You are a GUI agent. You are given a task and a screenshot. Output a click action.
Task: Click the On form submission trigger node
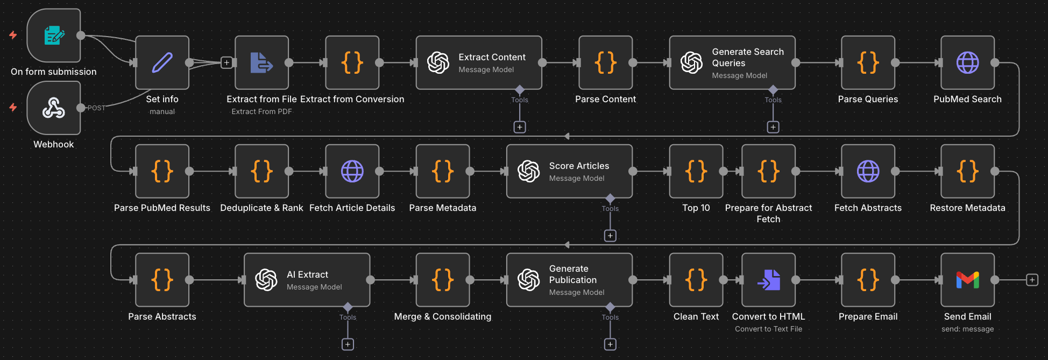click(x=54, y=36)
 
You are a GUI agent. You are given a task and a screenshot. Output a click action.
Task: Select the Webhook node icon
click(x=54, y=108)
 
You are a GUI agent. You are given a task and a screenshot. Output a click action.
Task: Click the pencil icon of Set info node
click(x=162, y=62)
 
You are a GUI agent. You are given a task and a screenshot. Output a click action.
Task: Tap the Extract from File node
click(x=261, y=62)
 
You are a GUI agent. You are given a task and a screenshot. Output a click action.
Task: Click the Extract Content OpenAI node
click(x=478, y=62)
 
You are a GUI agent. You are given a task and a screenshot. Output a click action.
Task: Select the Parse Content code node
click(x=605, y=62)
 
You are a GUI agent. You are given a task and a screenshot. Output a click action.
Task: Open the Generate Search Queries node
click(x=732, y=62)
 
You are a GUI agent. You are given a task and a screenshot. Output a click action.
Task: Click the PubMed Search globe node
click(x=967, y=62)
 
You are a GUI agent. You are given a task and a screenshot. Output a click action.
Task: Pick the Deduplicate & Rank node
click(x=261, y=171)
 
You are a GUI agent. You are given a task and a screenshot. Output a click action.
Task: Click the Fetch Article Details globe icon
click(x=352, y=171)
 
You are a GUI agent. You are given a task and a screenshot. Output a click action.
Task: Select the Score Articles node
click(x=569, y=171)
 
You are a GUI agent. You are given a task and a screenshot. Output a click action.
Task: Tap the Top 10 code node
click(x=696, y=171)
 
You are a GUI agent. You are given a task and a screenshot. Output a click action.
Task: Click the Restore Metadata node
click(x=967, y=171)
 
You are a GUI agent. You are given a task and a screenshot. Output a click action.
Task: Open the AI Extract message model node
click(x=307, y=280)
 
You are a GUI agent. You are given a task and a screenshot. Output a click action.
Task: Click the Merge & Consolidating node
click(x=442, y=280)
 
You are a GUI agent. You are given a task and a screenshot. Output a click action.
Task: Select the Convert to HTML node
click(x=768, y=280)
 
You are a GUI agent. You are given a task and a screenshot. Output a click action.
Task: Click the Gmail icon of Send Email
click(x=967, y=280)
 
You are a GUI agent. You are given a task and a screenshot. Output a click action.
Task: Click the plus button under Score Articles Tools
click(x=610, y=236)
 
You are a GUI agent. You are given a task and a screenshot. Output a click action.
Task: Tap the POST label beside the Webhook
click(x=96, y=108)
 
